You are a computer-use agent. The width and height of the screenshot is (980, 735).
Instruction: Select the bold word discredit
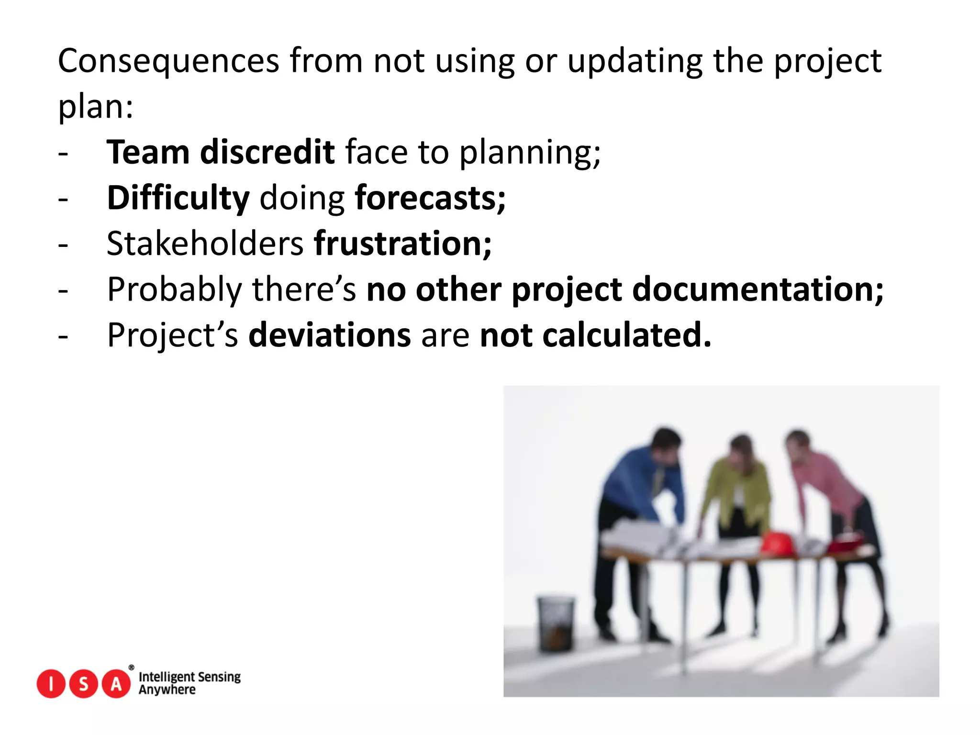267,152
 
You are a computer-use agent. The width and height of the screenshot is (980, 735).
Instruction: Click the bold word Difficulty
178,198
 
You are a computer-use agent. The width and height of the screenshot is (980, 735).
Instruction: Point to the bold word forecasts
429,198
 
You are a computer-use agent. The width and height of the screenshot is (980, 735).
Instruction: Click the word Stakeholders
205,244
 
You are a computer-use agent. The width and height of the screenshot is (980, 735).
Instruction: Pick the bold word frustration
402,244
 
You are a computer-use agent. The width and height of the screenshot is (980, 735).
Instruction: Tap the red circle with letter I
51,684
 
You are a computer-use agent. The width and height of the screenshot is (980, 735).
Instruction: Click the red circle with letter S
83,684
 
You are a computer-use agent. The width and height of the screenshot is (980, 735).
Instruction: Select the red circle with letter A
116,684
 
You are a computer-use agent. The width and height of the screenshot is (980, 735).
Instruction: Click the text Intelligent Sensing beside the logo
189,677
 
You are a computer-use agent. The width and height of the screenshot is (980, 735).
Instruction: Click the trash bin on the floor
556,624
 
